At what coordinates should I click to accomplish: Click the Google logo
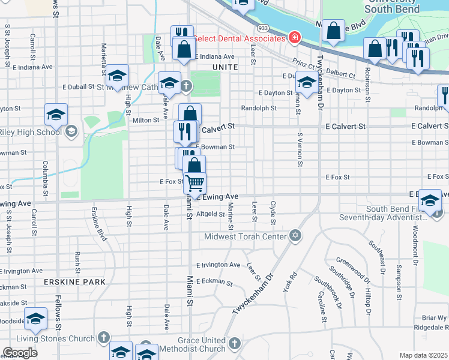pyautogui.click(x=20, y=353)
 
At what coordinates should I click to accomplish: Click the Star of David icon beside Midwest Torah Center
pyautogui.click(x=295, y=234)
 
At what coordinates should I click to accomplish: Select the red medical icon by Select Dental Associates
pyautogui.click(x=294, y=38)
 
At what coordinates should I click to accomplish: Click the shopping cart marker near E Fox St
pyautogui.click(x=194, y=182)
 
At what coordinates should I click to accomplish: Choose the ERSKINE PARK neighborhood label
pyautogui.click(x=74, y=281)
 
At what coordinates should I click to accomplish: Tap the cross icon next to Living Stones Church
pyautogui.click(x=104, y=337)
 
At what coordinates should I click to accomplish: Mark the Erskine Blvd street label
pyautogui.click(x=99, y=224)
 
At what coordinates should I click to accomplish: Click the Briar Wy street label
pyautogui.click(x=434, y=317)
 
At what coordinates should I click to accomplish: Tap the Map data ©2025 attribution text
pyautogui.click(x=423, y=355)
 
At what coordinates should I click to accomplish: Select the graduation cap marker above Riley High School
pyautogui.click(x=56, y=115)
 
